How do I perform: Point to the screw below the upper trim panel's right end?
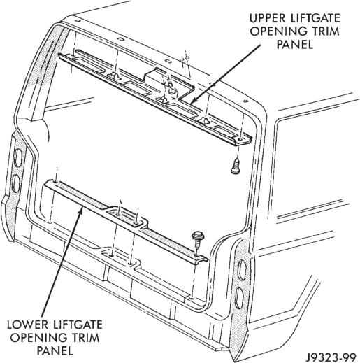236,166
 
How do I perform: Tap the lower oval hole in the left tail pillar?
16,183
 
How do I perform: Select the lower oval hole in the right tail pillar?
239,299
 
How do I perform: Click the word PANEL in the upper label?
295,44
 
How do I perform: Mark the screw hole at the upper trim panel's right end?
240,140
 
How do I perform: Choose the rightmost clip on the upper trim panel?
204,120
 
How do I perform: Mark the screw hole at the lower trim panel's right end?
197,256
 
